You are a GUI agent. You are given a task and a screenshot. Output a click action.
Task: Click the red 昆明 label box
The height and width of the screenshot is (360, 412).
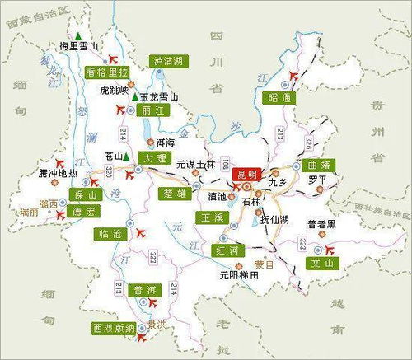[246, 174]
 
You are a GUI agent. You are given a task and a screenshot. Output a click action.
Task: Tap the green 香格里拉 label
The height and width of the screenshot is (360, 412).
[107, 72]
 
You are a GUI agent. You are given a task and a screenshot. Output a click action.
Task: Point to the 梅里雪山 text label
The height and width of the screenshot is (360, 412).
[80, 47]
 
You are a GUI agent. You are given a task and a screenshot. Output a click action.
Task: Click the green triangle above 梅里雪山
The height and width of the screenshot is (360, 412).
[77, 35]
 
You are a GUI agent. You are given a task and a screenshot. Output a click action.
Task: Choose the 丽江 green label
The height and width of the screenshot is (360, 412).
[150, 110]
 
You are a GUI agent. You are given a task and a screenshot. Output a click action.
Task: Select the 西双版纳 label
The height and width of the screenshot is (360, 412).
[113, 328]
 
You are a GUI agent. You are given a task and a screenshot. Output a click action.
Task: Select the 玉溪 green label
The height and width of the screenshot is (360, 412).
[205, 217]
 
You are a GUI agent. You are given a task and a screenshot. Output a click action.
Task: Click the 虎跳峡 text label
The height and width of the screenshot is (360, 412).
[114, 89]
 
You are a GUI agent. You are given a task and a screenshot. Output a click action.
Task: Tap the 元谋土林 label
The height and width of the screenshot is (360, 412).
[194, 165]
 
